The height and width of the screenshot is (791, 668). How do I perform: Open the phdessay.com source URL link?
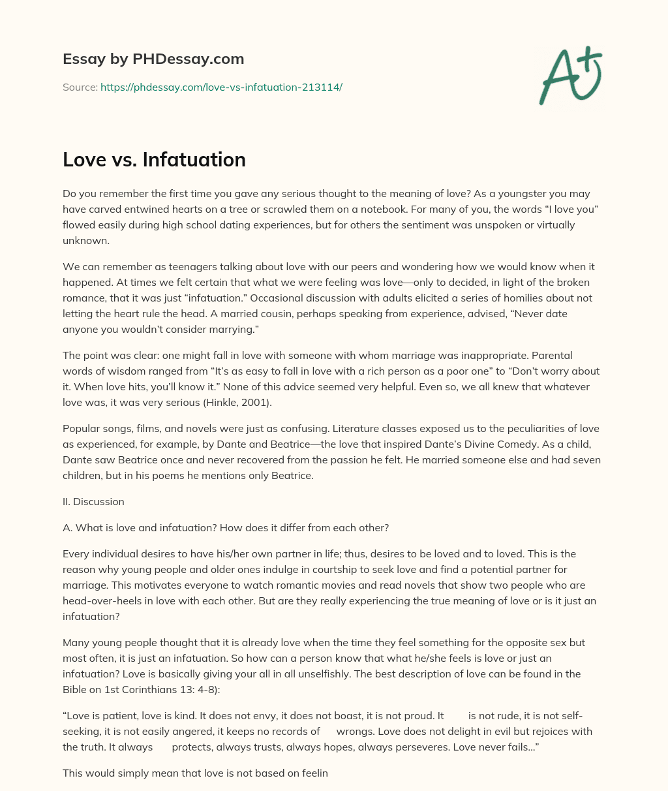pyautogui.click(x=221, y=87)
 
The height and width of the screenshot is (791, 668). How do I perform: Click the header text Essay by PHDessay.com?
pyautogui.click(x=153, y=59)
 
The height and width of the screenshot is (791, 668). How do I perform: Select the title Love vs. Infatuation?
pyautogui.click(x=154, y=159)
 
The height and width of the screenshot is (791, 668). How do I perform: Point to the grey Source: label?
pyautogui.click(x=80, y=87)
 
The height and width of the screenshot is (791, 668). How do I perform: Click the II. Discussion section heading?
pyautogui.click(x=93, y=502)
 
